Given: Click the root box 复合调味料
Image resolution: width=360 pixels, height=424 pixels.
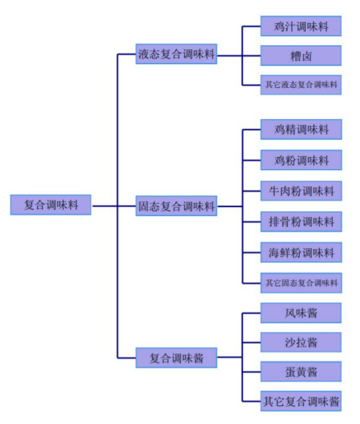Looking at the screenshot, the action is click(51, 205).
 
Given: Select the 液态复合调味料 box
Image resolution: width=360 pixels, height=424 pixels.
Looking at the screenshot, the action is click(176, 54).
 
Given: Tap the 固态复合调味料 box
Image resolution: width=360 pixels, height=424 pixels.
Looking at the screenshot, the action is click(176, 206).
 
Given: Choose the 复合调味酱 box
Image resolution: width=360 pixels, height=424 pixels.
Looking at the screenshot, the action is click(176, 357).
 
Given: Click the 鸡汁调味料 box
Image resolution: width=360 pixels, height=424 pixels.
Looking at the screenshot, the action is click(301, 26).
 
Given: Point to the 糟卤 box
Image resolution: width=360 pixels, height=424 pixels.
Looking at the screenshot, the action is click(301, 56).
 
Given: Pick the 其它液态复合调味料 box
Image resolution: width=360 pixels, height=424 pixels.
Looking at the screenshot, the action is click(301, 85).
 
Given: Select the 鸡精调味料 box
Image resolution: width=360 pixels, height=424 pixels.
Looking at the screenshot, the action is click(301, 129).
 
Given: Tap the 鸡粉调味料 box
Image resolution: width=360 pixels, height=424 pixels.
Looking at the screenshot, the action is click(301, 160).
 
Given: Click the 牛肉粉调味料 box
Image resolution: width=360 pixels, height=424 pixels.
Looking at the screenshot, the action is click(301, 191).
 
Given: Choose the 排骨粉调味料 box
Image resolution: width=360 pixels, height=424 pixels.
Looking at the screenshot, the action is click(301, 222).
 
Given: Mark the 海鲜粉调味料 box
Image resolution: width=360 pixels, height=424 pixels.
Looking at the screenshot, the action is click(301, 252).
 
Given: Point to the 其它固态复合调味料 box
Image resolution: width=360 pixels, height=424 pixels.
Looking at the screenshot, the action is click(301, 283).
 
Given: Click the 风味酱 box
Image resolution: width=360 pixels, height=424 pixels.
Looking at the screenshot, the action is click(301, 313).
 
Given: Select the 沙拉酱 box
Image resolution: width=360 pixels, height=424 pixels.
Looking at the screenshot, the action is click(301, 343).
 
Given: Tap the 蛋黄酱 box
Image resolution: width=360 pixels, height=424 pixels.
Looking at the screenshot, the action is click(301, 371).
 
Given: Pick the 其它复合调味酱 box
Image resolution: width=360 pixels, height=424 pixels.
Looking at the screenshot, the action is click(301, 401).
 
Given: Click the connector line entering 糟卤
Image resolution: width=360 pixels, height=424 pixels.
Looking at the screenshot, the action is click(252, 56).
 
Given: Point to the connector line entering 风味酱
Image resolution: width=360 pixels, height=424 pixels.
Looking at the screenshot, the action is click(252, 313).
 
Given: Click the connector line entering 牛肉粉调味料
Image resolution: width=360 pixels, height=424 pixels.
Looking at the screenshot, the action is click(252, 191).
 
